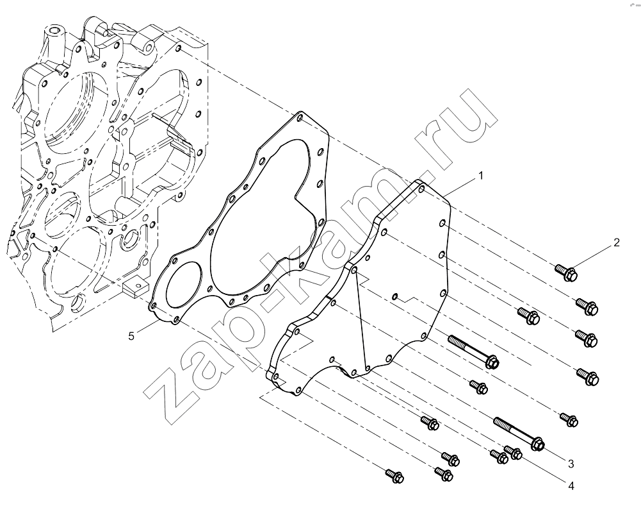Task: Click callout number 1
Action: pyautogui.click(x=481, y=176)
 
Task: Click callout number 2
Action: pyautogui.click(x=617, y=242)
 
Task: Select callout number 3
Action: pyautogui.click(x=571, y=464)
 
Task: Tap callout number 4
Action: pyautogui.click(x=571, y=486)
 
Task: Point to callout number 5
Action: pyautogui.click(x=131, y=336)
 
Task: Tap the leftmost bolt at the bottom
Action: pyautogui.click(x=395, y=476)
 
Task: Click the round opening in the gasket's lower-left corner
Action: pyautogui.click(x=184, y=283)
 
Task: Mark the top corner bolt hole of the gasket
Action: pyautogui.click(x=300, y=118)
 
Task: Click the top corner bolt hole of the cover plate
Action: pyautogui.click(x=422, y=189)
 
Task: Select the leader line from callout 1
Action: pyautogui.click(x=460, y=186)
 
